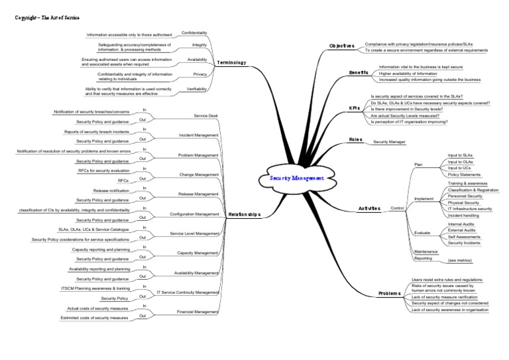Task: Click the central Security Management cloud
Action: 298,178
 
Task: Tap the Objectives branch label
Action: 342,46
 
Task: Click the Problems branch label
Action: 390,293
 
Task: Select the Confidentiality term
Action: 194,33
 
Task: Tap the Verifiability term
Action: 194,88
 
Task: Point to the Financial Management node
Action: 198,312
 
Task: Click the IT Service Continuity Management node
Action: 188,292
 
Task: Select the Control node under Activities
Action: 398,209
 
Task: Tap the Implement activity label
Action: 424,198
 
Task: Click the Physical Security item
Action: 463,202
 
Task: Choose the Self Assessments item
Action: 465,237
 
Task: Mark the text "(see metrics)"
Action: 461,262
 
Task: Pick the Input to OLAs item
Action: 460,161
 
